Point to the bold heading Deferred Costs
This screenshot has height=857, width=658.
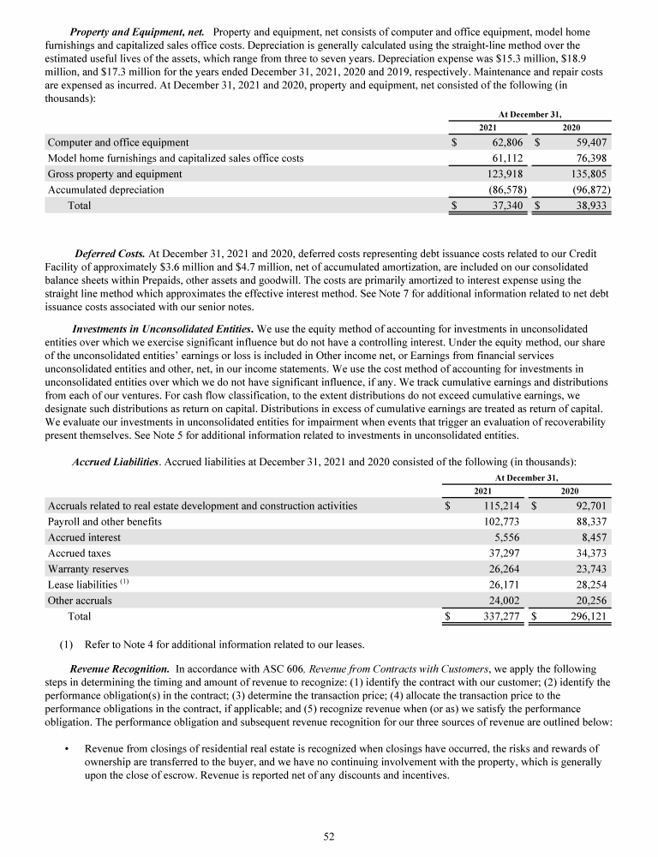(x=110, y=255)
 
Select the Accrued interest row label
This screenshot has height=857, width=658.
(x=84, y=537)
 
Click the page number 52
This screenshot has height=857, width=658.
(x=328, y=837)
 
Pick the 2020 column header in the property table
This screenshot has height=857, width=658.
(x=570, y=126)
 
